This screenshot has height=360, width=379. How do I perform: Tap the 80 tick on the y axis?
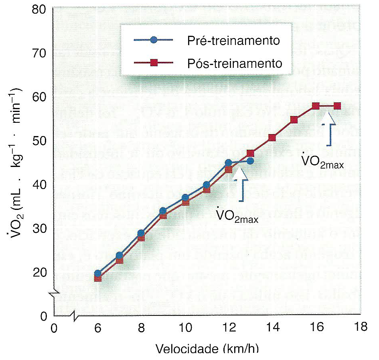(41, 10)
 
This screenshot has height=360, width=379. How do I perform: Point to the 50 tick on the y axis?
(41, 141)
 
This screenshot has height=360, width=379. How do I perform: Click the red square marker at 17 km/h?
(337, 106)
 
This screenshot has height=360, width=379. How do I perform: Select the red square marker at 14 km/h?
(272, 138)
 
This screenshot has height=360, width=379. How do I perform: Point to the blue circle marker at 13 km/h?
(250, 161)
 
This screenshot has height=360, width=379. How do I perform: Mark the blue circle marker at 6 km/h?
(98, 273)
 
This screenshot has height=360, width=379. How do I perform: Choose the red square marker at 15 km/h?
(294, 120)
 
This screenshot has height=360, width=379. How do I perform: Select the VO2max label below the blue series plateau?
(237, 216)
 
